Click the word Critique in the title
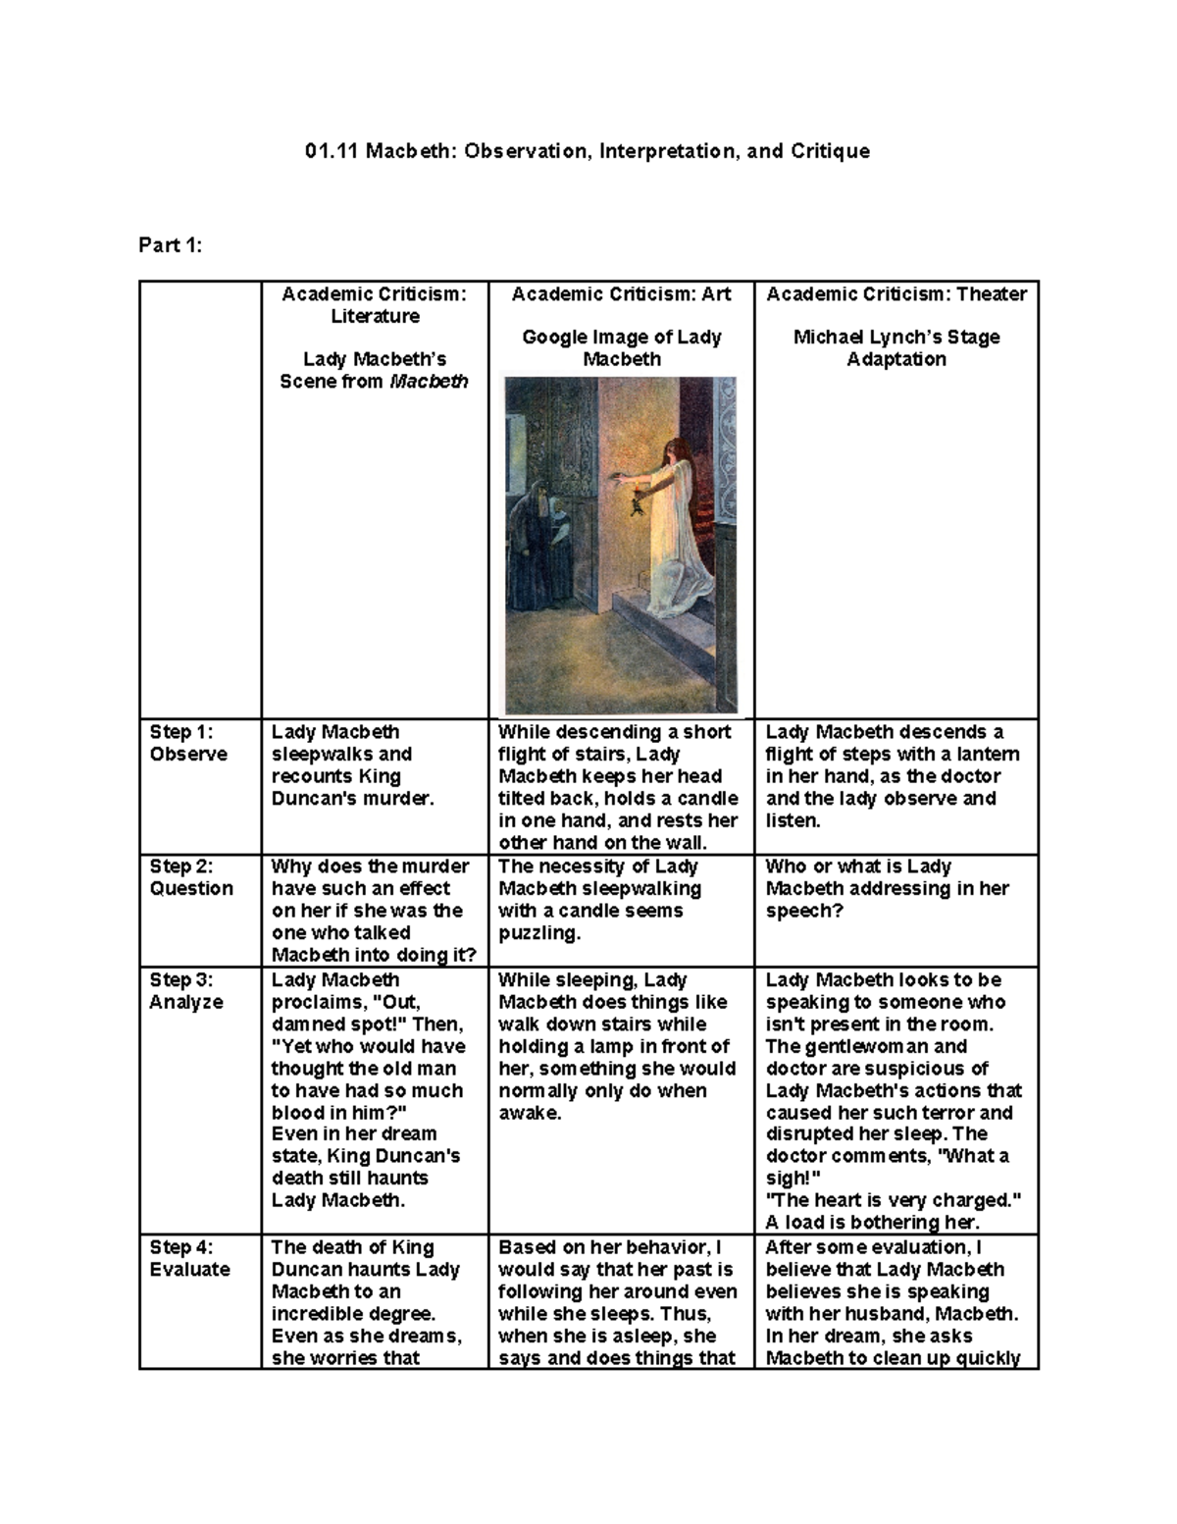coord(828,151)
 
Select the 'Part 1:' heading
coord(170,245)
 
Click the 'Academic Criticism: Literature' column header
coord(375,305)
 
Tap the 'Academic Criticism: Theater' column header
coord(896,294)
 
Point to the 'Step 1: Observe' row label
coord(187,743)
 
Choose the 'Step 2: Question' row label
coord(191,877)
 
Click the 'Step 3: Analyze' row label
coord(186,991)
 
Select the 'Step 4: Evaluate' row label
coord(189,1258)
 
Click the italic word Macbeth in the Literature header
coord(429,382)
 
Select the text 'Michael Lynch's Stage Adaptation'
coord(896,348)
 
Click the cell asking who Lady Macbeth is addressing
coord(887,888)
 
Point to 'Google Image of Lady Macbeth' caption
coord(621,348)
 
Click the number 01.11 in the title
coord(332,151)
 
